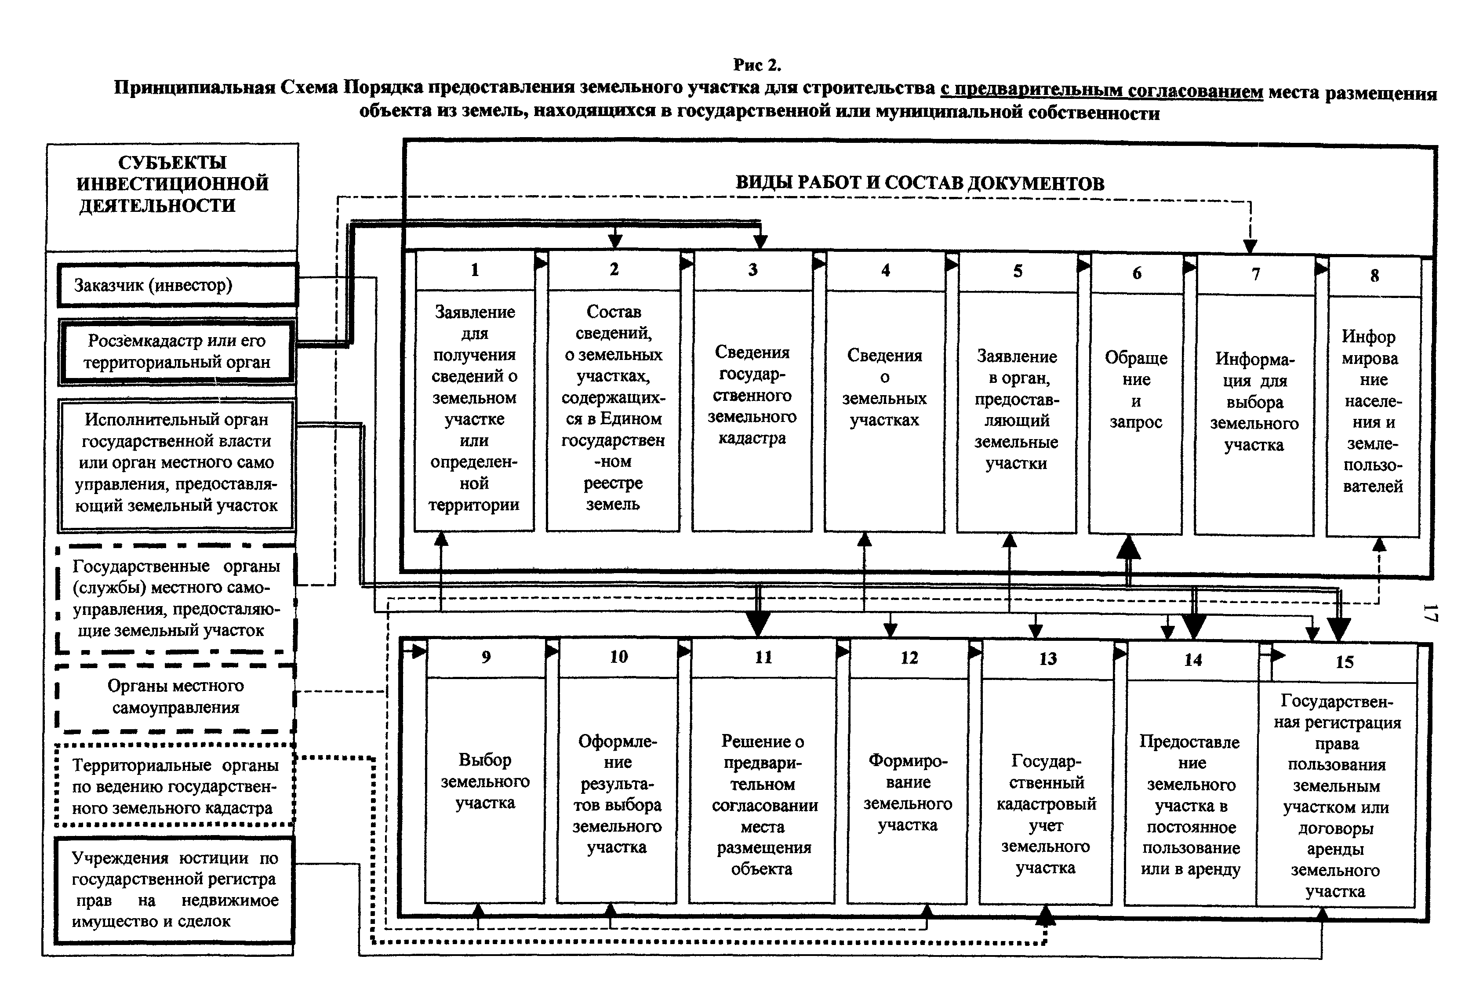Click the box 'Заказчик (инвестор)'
pos(178,285)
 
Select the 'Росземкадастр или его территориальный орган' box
pos(177,352)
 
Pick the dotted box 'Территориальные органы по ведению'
pos(175,786)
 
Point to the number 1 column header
pos(475,270)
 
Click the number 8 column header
pos(1374,276)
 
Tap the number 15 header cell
pos(1344,662)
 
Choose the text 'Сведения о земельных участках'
pos(884,387)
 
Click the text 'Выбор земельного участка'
pos(485,781)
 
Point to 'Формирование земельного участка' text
pos(908,792)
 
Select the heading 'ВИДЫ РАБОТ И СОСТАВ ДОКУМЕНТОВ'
pos(920,184)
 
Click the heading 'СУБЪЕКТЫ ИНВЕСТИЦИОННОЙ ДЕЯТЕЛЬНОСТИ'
pos(172,184)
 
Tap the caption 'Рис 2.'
pos(757,65)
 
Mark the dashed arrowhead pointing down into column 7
pos(1250,246)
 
